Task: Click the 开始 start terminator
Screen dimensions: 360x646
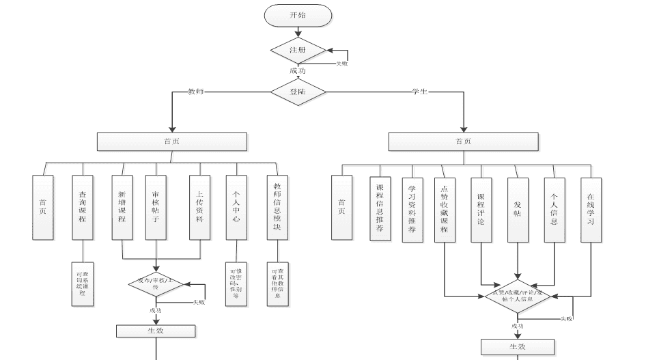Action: coord(298,15)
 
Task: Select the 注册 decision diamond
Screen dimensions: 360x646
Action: coord(298,51)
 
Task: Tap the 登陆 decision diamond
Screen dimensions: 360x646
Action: coord(298,92)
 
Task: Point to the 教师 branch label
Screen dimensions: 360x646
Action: coord(196,92)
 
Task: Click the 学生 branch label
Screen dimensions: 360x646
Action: coord(419,92)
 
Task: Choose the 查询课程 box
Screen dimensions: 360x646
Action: coord(83,208)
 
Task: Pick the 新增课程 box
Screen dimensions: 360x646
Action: coord(122,208)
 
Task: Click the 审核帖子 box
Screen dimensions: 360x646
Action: coord(156,208)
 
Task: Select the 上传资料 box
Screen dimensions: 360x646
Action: coord(199,208)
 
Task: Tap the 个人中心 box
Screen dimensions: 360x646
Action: coord(236,208)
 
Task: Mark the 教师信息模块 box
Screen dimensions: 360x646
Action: coord(277,208)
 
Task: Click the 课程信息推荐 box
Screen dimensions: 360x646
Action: coord(380,208)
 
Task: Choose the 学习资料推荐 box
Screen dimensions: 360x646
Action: coord(412,208)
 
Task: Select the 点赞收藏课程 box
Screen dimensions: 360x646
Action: coord(444,208)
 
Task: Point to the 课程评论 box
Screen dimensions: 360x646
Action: coord(481,208)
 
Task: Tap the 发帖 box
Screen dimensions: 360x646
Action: coord(517,208)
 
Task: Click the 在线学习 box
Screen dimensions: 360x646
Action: coord(591,208)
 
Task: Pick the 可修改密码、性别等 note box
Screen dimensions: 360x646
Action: coord(236,283)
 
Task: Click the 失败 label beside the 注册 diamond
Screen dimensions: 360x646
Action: coord(341,64)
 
